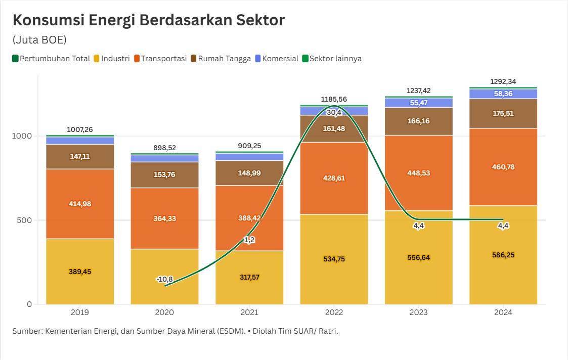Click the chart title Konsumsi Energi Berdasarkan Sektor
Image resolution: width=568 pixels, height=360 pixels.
click(148, 20)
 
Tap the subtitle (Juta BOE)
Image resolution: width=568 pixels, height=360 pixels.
click(39, 40)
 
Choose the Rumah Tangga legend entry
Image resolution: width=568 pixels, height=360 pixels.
click(221, 58)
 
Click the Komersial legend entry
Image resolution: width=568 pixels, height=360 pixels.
click(277, 58)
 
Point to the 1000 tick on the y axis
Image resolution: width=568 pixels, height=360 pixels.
click(23, 136)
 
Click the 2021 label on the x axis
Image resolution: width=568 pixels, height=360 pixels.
click(249, 312)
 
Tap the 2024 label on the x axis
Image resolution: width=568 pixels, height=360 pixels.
click(503, 312)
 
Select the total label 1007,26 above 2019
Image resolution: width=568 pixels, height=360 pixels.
click(80, 130)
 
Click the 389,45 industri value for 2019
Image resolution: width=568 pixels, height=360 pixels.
click(80, 272)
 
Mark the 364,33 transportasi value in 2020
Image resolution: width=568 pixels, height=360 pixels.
click(164, 218)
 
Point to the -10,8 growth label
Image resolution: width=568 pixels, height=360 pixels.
click(164, 279)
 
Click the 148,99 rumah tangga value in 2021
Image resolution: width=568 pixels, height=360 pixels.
click(249, 173)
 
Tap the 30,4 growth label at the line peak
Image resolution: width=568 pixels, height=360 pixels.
click(334, 112)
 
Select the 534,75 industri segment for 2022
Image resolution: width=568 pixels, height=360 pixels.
click(334, 259)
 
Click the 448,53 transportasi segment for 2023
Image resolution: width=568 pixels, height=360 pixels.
click(419, 173)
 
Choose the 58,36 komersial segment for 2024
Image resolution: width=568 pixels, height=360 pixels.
click(503, 94)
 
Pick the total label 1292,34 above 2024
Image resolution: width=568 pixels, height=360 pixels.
click(503, 82)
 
